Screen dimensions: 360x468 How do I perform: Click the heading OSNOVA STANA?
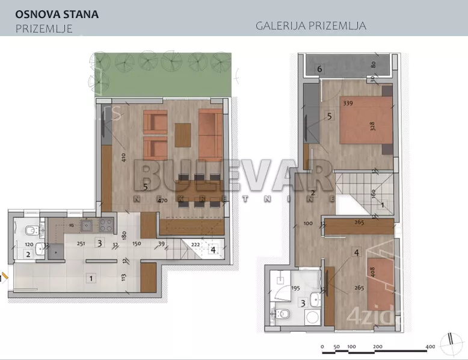(x=57, y=14)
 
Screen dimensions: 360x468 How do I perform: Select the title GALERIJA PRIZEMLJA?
(x=311, y=26)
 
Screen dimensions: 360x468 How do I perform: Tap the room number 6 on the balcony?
(x=320, y=69)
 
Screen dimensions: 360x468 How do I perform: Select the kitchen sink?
(x=85, y=226)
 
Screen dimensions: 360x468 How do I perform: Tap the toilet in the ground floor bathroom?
(x=29, y=230)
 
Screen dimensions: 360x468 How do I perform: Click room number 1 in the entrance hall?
(x=91, y=278)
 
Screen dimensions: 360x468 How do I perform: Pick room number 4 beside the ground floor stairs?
(x=213, y=248)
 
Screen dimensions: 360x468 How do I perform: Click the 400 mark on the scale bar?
(x=430, y=347)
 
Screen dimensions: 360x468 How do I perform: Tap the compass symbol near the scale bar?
(x=449, y=344)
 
